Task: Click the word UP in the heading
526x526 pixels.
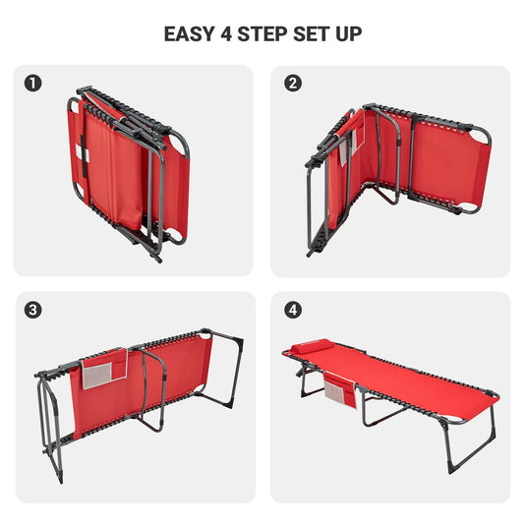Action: (x=349, y=34)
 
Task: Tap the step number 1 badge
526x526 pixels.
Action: (x=35, y=84)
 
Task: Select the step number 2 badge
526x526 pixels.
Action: (x=292, y=84)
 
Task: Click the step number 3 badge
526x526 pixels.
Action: (x=35, y=310)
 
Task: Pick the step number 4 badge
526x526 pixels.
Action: (x=292, y=310)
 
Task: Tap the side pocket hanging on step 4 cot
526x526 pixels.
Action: (x=342, y=388)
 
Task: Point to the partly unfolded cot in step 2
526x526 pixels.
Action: (x=393, y=172)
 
